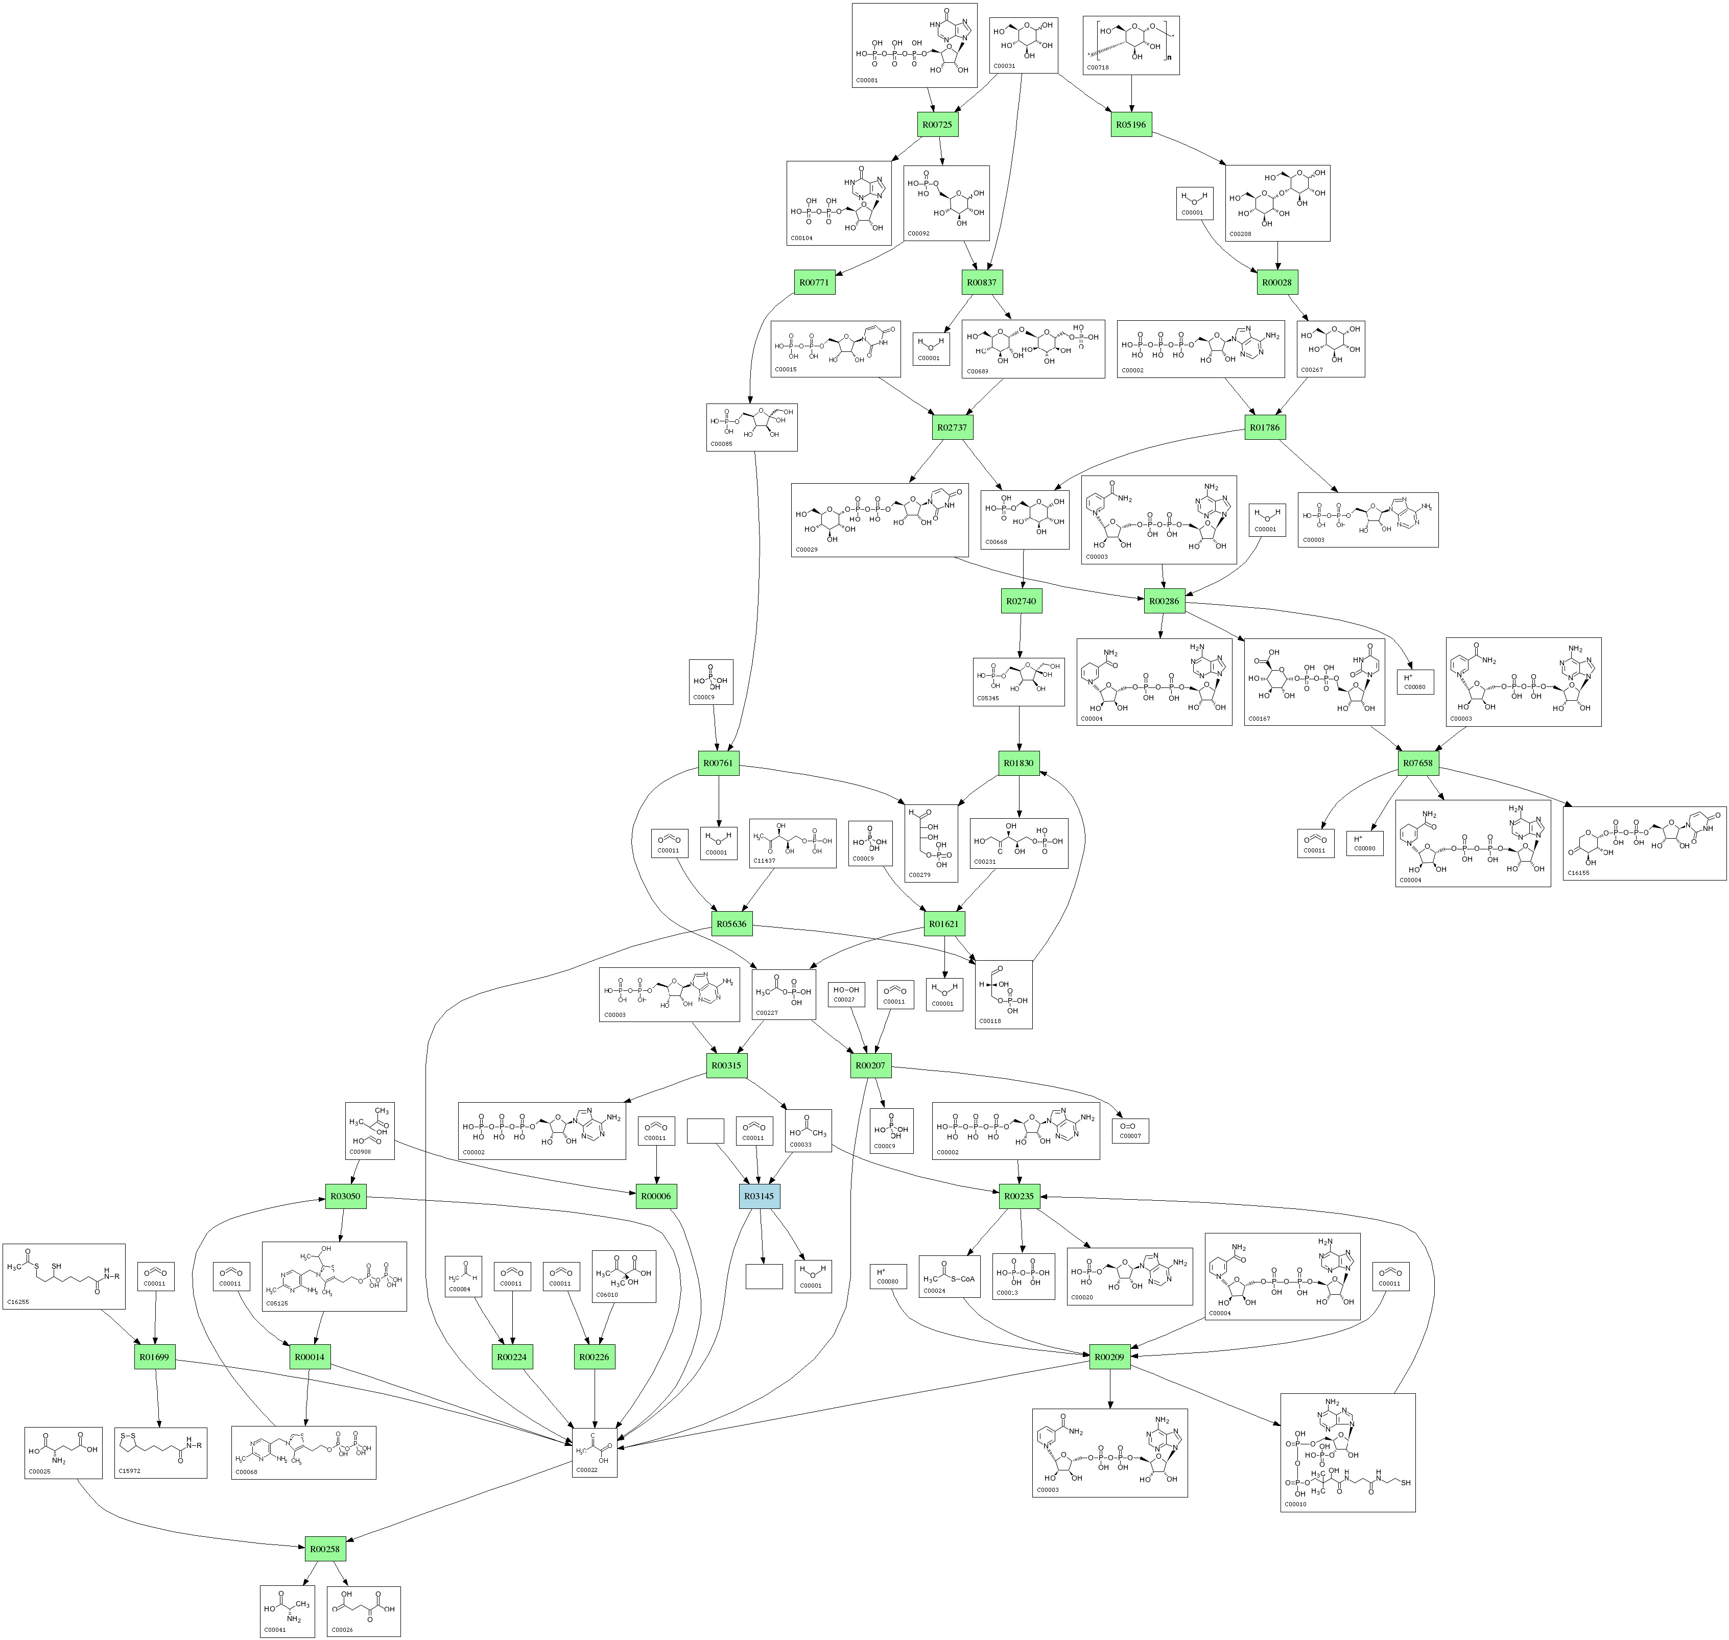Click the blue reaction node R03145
point(760,1196)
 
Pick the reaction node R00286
point(1164,602)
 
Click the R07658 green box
point(1418,763)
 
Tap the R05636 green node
point(731,924)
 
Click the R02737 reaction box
point(952,427)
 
